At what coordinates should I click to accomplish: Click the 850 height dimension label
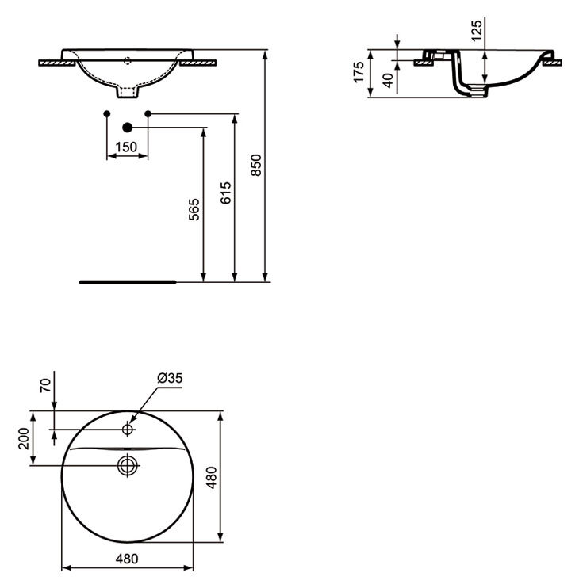pos(256,165)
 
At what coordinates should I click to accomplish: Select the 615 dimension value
pos(225,193)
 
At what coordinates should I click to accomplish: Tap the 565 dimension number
pos(194,210)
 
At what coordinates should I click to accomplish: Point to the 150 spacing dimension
pos(126,147)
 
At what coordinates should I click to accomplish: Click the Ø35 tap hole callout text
pos(170,378)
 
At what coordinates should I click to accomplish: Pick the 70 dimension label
pos(45,385)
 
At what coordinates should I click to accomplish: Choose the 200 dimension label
pos(24,438)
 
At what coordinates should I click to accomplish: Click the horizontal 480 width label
pos(127,559)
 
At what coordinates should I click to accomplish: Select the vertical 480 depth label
pos(212,477)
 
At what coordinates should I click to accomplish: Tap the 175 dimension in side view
pos(359,72)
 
